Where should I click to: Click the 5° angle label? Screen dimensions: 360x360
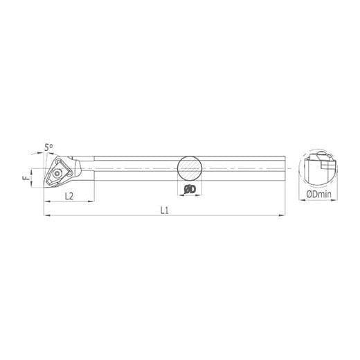tap(48, 147)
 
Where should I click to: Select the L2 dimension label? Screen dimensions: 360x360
tap(69, 196)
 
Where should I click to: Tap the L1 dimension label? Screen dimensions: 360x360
tap(165, 210)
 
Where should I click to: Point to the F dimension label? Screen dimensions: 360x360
tap(26, 178)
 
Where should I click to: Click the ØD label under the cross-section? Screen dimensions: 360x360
tap(190, 190)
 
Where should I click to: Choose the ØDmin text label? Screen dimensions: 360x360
tap(318, 194)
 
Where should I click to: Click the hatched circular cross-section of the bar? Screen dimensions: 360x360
tap(190, 168)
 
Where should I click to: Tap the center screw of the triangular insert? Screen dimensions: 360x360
tap(56, 173)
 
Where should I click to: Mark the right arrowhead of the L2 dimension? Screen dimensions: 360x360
tap(91, 201)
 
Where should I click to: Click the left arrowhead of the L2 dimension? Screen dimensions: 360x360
tap(47, 201)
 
